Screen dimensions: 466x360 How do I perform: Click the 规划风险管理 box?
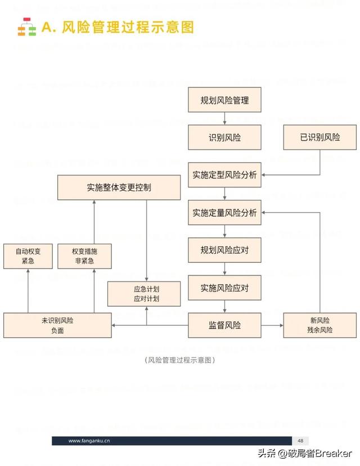[224, 100]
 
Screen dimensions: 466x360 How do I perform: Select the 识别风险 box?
[224, 137]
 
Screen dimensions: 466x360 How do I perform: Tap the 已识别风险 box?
[319, 137]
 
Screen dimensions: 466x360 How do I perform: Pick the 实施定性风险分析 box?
[224, 175]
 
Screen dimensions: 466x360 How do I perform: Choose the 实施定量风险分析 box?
[224, 213]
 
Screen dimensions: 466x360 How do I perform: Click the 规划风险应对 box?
[224, 250]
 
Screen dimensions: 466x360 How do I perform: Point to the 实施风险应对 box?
[224, 288]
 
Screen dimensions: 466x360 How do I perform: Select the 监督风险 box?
[224, 325]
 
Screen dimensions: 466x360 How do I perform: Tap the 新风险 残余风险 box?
[320, 325]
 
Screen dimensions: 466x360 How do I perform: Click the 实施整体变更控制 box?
[119, 187]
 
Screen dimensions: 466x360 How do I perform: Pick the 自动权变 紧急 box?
[28, 256]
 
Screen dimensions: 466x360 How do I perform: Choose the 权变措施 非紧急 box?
[84, 256]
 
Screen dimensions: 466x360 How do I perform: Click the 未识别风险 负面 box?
[57, 325]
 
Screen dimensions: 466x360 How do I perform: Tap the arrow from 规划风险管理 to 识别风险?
[224, 119]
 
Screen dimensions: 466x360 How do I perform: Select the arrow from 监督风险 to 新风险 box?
[272, 325]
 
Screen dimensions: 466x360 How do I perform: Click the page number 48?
[300, 441]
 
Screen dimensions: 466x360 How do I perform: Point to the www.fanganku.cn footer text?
[89, 441]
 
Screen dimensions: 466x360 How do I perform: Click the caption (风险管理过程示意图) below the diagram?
[180, 360]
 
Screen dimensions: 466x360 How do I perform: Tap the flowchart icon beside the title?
[26, 27]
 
